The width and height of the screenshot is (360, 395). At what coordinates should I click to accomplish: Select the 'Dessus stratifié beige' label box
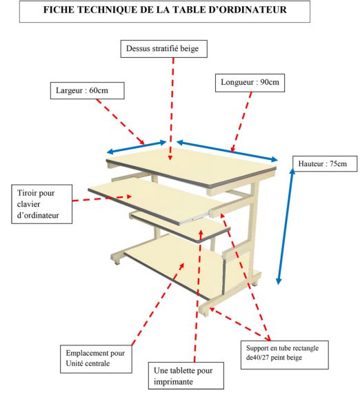coord(164,49)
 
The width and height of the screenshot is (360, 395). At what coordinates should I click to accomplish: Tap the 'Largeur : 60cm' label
coord(87,90)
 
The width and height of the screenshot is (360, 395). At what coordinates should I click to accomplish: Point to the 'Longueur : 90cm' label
coord(250,83)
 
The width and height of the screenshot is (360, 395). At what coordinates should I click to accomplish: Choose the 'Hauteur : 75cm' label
coord(325,164)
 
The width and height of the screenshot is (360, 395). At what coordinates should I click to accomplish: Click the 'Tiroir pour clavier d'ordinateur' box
coord(42,204)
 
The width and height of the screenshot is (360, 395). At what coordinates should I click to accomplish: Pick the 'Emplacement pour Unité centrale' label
coord(96,358)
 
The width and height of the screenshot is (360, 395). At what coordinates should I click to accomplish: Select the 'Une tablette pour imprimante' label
coord(186,376)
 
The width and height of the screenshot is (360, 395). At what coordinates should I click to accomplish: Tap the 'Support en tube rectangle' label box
coord(285,355)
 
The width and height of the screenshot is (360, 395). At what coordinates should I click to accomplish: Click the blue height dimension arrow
coord(286,226)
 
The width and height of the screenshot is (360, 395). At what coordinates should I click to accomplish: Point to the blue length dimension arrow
coord(227,151)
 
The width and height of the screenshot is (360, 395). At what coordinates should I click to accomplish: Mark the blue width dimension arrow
coord(137,147)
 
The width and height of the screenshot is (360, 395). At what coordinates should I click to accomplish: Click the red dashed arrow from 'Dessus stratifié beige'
coord(172,109)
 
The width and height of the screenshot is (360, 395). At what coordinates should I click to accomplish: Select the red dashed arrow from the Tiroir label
coord(102,199)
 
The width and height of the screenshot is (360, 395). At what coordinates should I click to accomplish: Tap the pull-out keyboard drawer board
coord(154,201)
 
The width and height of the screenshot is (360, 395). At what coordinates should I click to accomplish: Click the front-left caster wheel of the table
coord(117,263)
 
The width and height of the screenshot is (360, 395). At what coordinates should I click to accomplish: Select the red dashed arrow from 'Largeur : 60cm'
coord(120,121)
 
